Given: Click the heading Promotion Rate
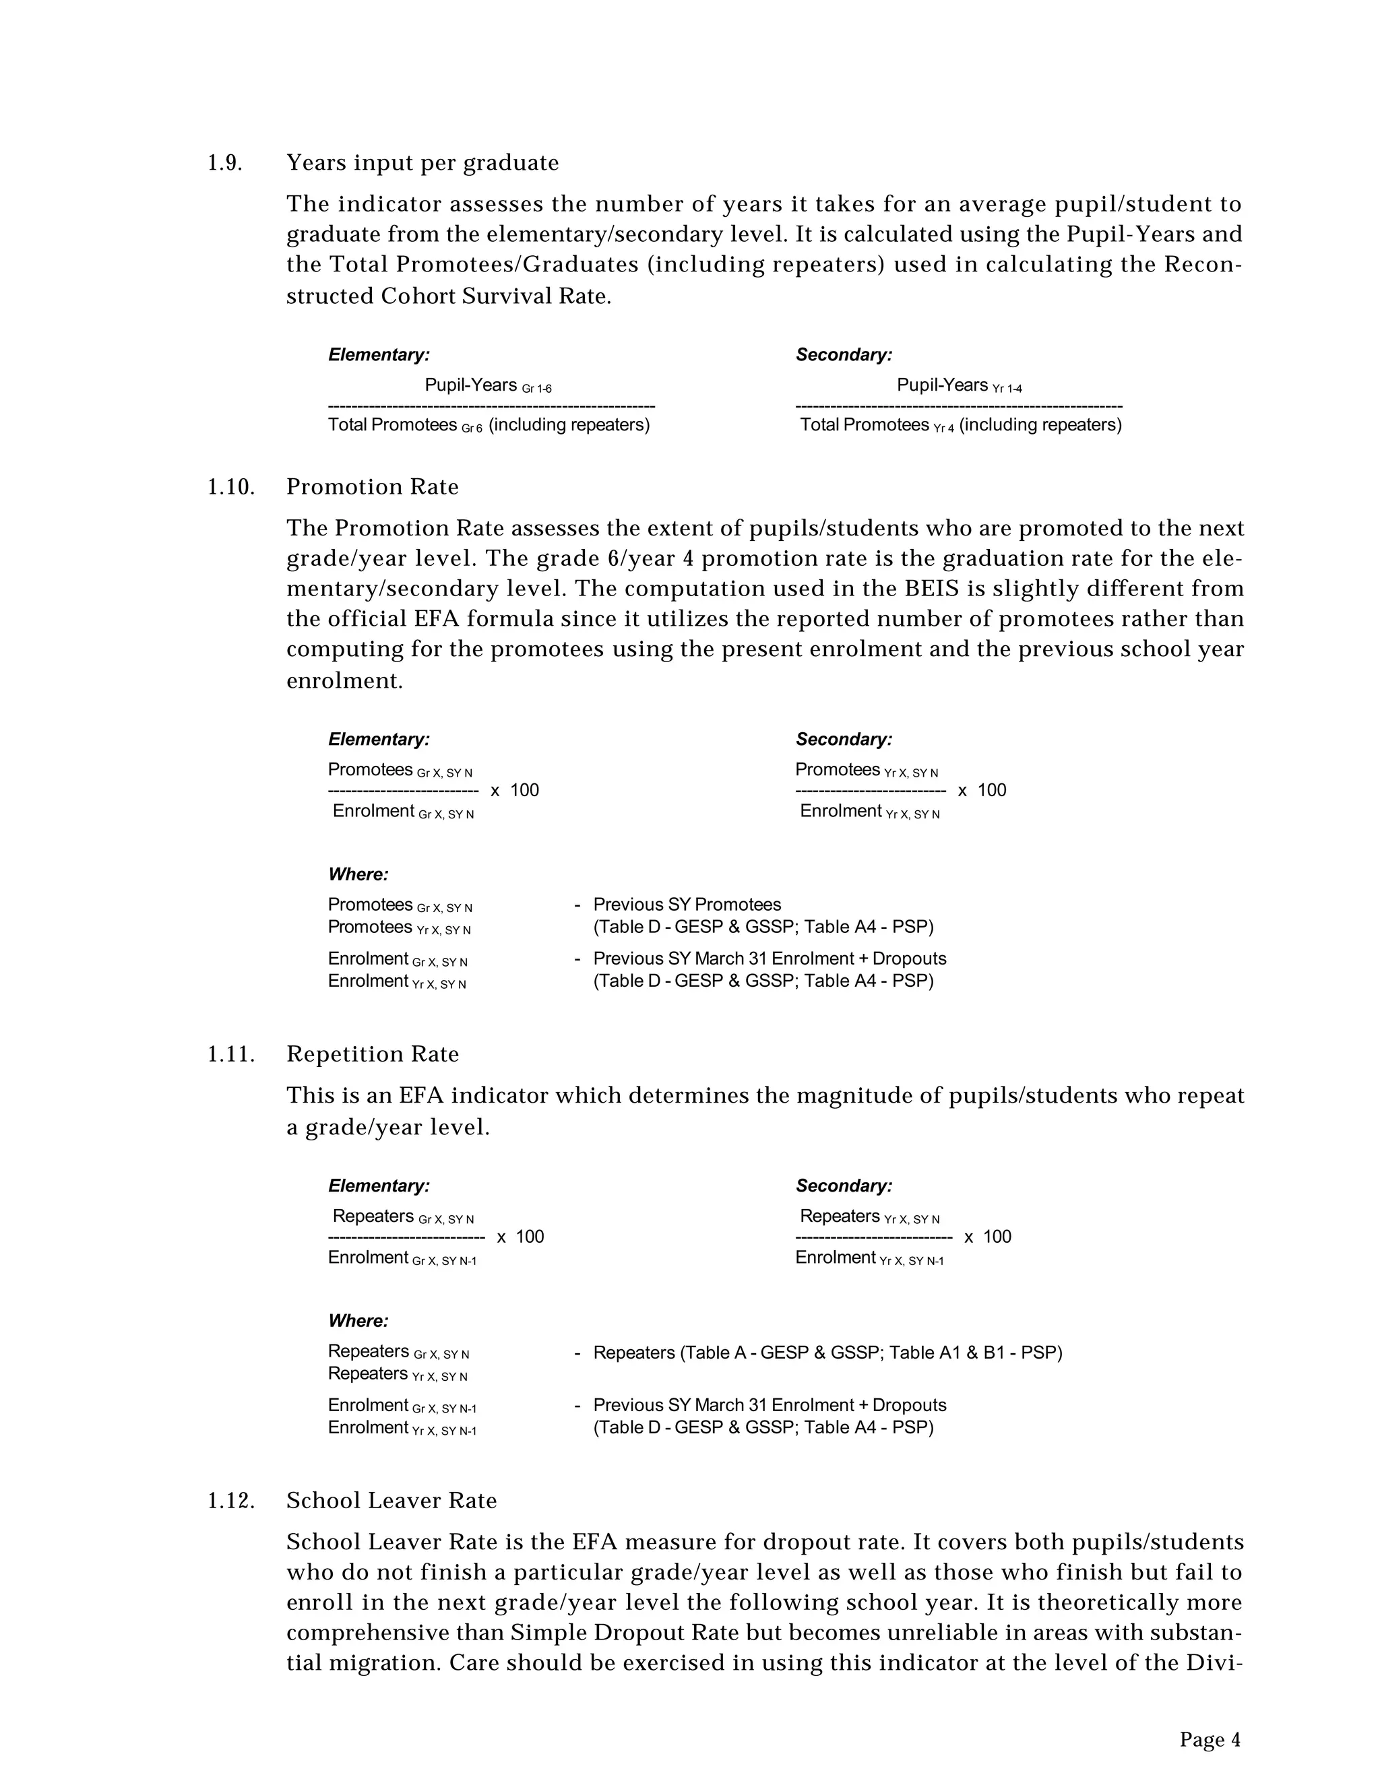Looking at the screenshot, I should [x=372, y=487].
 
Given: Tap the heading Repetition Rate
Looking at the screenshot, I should [x=372, y=1054].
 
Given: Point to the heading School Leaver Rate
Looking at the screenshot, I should [x=391, y=1501].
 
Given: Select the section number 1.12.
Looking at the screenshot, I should [x=230, y=1501].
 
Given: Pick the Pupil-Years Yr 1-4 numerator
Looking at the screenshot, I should [x=958, y=385].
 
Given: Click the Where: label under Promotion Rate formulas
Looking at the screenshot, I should [x=358, y=874].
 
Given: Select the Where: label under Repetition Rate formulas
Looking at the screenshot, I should [x=358, y=1321].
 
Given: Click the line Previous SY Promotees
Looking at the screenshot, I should [x=686, y=905].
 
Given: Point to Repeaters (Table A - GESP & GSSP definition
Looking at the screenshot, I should [x=827, y=1353].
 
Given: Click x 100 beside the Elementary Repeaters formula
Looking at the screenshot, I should [x=520, y=1237].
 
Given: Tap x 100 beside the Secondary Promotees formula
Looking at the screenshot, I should [x=982, y=790].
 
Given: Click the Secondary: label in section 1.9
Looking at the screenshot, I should [x=844, y=356].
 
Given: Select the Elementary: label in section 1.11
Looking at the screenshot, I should [x=379, y=1186].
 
